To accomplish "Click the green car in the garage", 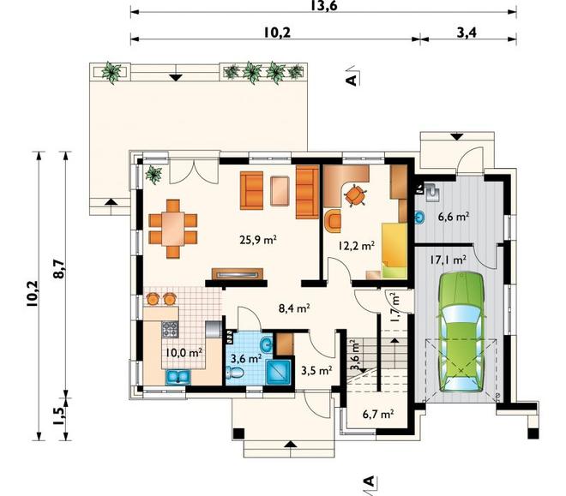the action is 461,332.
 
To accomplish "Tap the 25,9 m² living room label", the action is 258,240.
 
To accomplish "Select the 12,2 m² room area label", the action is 356,246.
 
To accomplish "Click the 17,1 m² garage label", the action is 448,260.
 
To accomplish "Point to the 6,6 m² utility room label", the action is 454,217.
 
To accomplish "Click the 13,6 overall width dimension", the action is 323,5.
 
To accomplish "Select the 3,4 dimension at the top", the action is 467,33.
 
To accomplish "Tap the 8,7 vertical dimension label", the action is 58,268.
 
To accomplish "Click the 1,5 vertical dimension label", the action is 59,417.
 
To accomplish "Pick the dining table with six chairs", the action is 173,229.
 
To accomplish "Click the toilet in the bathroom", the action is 235,372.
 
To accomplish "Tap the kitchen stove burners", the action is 170,329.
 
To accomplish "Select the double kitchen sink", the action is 178,378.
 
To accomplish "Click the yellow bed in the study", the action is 394,250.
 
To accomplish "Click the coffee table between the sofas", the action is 280,191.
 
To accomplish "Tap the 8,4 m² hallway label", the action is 294,308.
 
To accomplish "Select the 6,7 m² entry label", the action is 378,414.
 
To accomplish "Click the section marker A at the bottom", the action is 369,481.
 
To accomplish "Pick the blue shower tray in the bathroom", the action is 278,371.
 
